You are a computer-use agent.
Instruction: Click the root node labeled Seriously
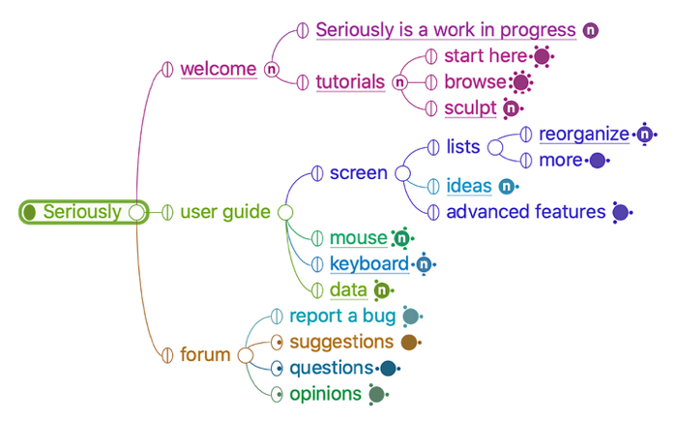tap(82, 212)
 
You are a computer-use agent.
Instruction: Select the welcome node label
tap(219, 69)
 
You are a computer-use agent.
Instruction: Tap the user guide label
tap(225, 212)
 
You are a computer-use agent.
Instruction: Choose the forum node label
tap(205, 354)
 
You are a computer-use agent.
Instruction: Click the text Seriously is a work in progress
tap(446, 30)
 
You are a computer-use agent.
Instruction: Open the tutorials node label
tap(350, 82)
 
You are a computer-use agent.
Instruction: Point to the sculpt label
tap(470, 107)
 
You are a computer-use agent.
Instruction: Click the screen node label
tap(358, 173)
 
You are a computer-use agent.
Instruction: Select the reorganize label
tap(584, 134)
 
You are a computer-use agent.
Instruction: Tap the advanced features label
tap(525, 211)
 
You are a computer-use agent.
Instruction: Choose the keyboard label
tap(368, 263)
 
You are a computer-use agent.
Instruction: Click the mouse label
tap(357, 238)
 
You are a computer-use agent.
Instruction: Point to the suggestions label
tap(341, 342)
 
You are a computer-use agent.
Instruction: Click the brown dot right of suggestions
tap(408, 342)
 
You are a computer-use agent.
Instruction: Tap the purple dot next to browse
tap(522, 82)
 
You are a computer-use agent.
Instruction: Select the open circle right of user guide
tap(285, 212)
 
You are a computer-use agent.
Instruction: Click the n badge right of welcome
tap(272, 69)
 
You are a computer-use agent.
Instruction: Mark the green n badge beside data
tap(382, 289)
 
